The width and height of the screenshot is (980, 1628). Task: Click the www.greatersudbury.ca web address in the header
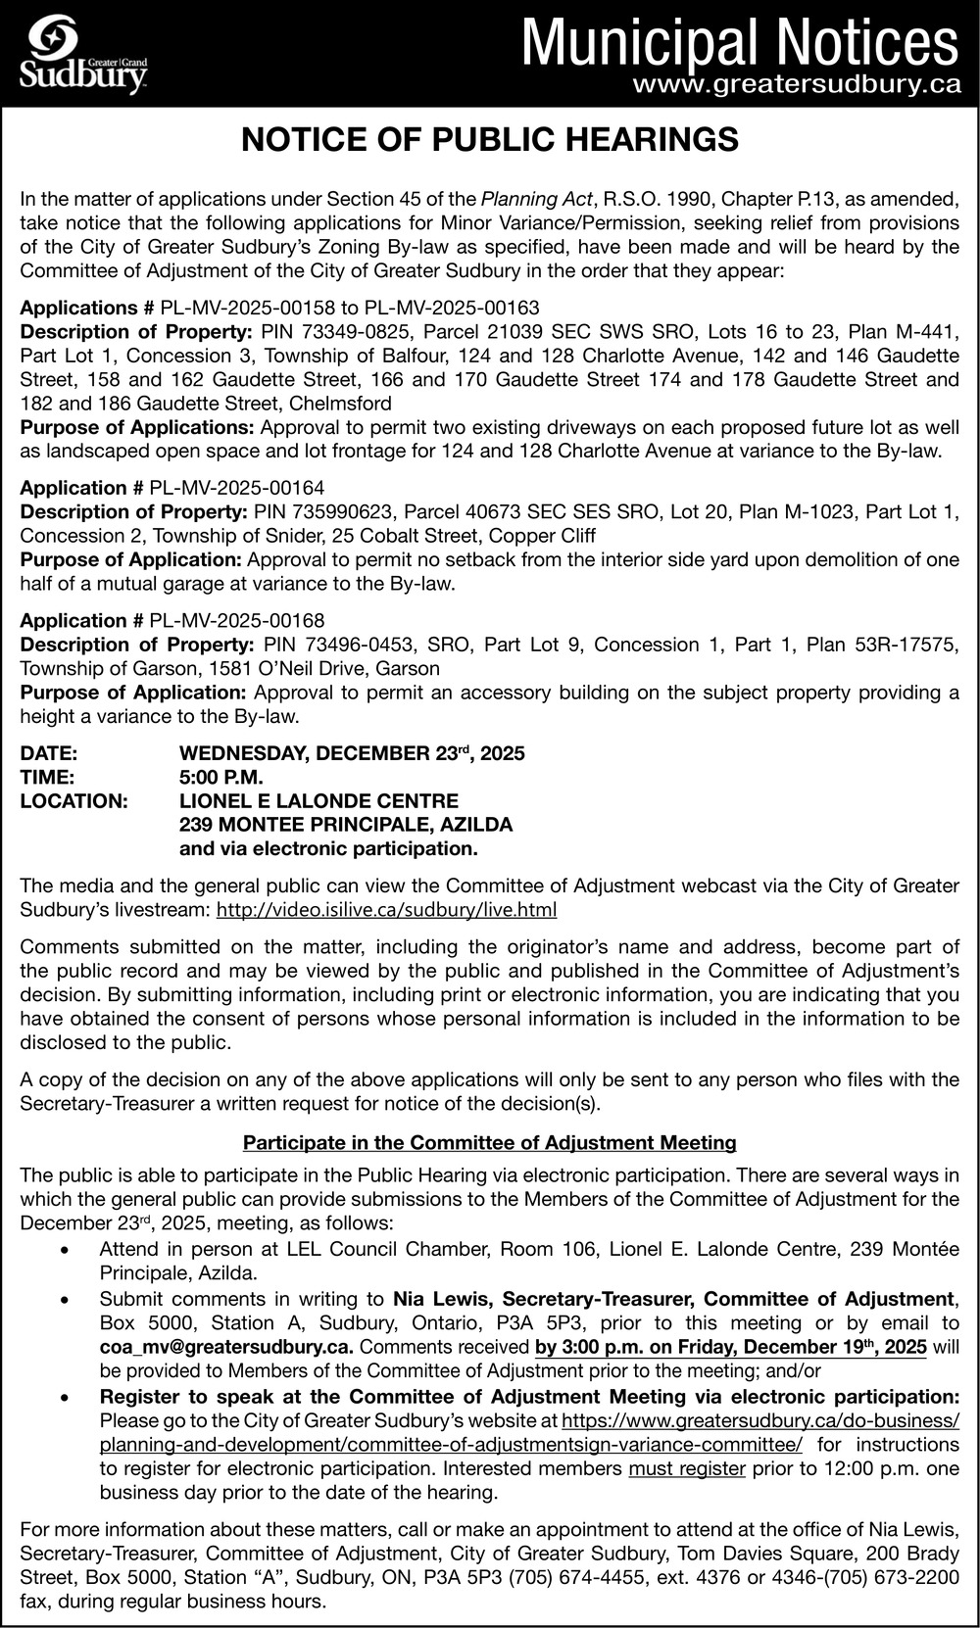796,85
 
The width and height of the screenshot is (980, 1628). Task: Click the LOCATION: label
74,801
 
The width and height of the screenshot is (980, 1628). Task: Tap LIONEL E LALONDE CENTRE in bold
318,801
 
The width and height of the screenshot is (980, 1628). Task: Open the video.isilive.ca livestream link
386,910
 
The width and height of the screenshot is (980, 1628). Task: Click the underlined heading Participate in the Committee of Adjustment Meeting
490,1142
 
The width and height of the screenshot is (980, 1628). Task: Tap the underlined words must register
687,1468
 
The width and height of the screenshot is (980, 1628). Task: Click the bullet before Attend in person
65,1251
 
